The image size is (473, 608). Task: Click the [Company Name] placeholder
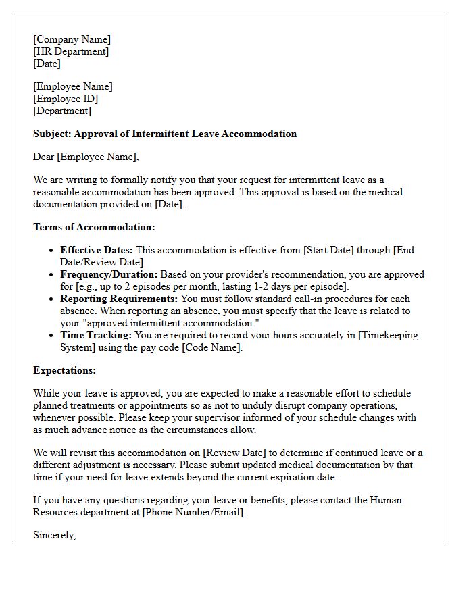[x=72, y=39]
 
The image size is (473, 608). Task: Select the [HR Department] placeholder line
[x=71, y=51]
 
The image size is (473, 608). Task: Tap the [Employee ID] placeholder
[x=66, y=99]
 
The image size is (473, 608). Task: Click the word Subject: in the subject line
[x=52, y=134]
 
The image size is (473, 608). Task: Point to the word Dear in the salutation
[x=44, y=157]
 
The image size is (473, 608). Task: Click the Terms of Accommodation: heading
[x=94, y=227]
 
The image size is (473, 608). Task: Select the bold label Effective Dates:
[x=96, y=250]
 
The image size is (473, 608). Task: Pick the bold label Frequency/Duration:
[x=109, y=274]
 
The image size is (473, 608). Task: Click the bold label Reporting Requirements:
[x=119, y=299]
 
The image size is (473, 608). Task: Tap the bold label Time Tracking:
[x=96, y=335]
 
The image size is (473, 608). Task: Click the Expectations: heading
[x=65, y=370]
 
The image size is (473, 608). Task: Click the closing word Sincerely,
[x=55, y=535]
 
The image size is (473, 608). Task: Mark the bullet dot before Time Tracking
[x=51, y=336]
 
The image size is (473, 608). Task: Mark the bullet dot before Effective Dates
[x=51, y=251]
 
